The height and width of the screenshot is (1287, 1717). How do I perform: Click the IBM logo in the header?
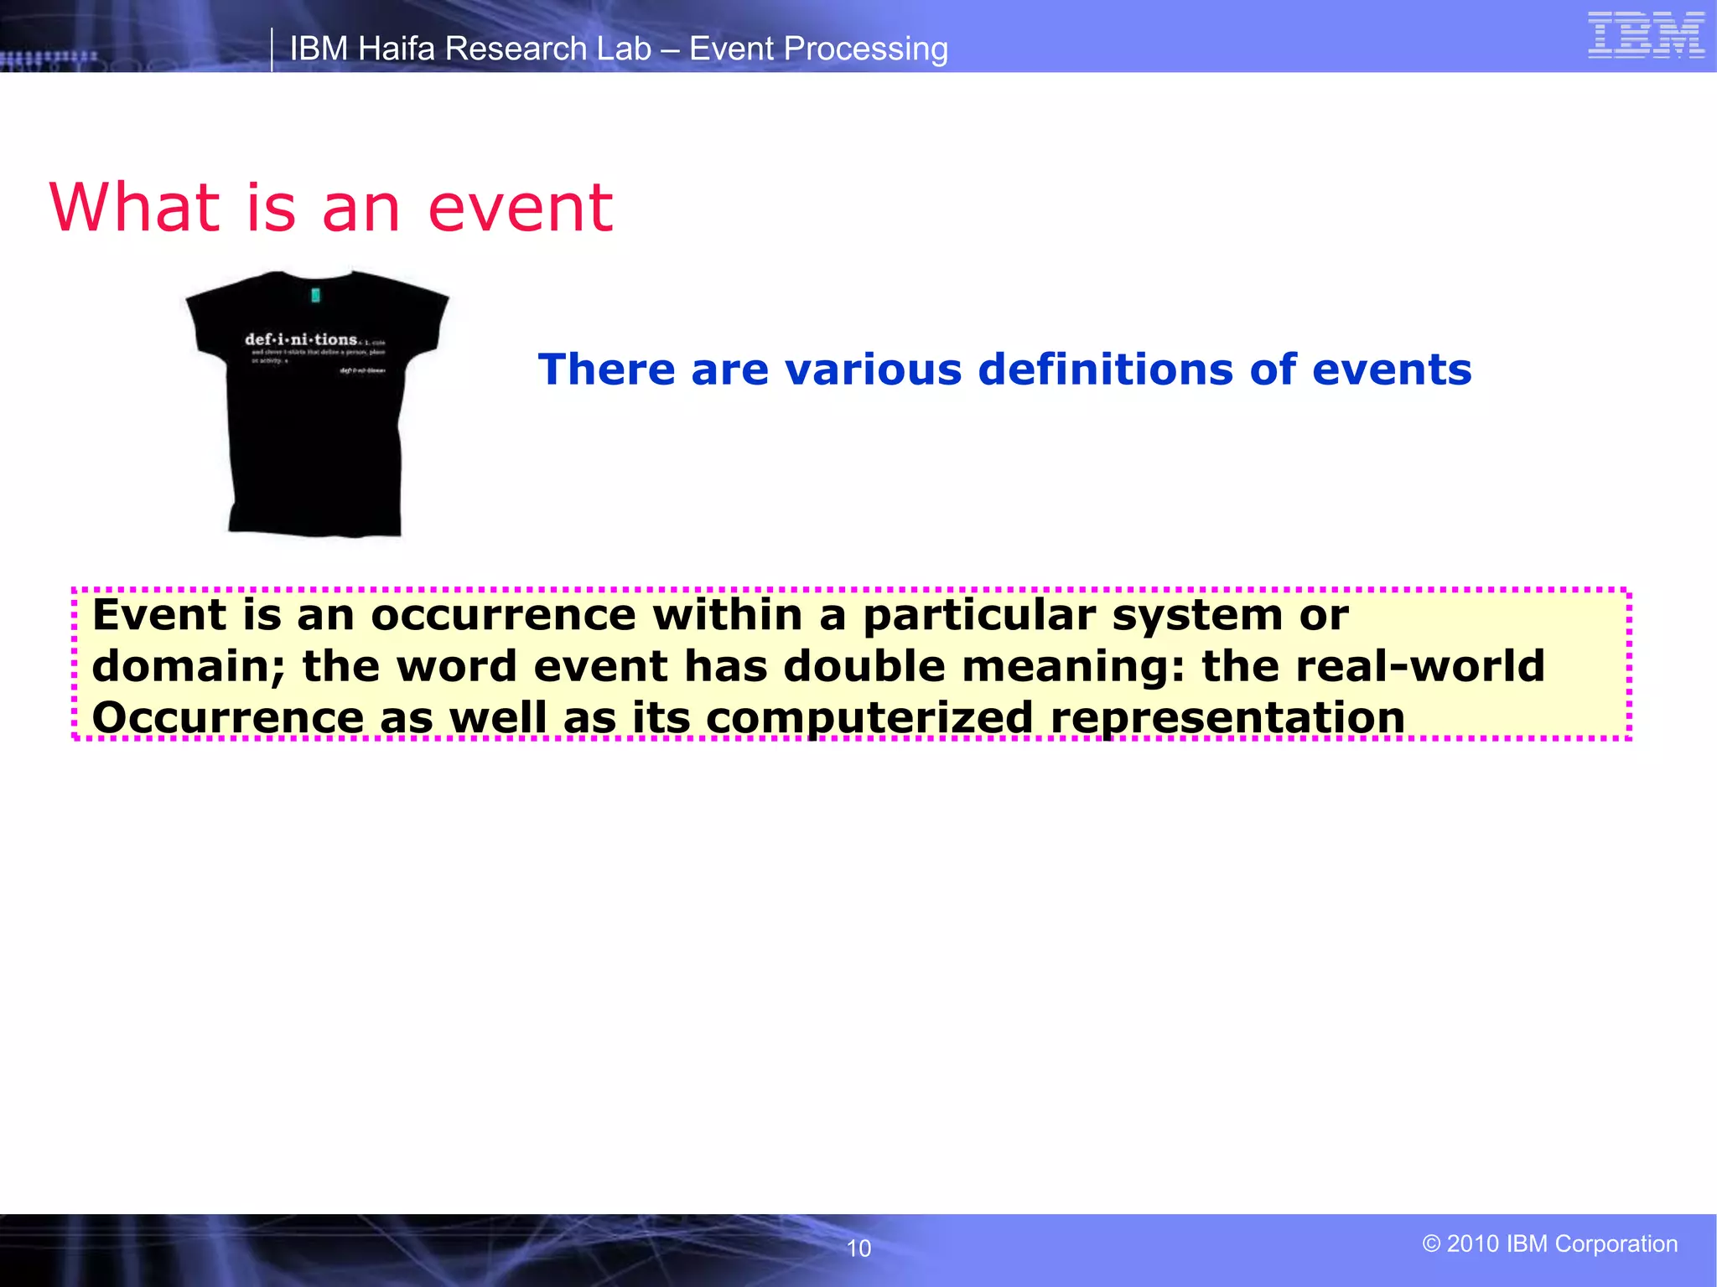tap(1646, 36)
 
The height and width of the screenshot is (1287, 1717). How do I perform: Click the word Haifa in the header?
tap(397, 49)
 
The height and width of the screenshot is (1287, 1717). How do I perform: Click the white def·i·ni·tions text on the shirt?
tap(301, 339)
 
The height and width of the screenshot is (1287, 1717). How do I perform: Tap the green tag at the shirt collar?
tap(316, 295)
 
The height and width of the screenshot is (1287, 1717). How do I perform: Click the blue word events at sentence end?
tap(1391, 370)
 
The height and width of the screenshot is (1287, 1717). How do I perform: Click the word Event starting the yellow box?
tap(158, 615)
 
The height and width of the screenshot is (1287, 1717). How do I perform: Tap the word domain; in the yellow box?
tap(189, 667)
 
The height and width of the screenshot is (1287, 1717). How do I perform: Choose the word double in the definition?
tap(864, 667)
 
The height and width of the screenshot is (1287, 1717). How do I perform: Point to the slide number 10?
tap(858, 1248)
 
